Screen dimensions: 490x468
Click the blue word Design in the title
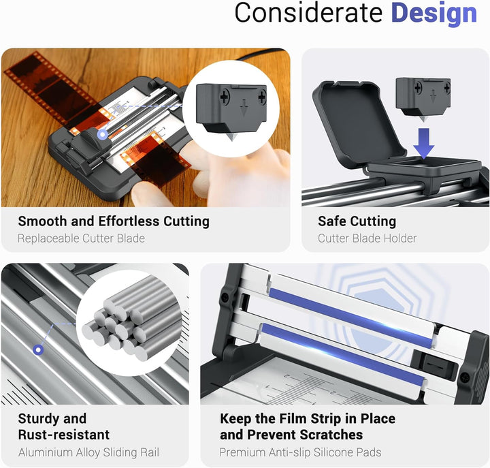tap(434, 14)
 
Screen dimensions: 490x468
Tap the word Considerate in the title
tap(308, 13)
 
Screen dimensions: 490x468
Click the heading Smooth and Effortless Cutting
tap(114, 221)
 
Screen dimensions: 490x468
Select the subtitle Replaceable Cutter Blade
tap(81, 238)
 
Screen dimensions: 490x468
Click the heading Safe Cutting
tap(357, 221)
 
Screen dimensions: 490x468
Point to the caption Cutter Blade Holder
tap(367, 238)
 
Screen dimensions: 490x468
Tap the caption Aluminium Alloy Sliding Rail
tap(88, 452)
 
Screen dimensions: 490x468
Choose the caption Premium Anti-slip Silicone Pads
tap(300, 452)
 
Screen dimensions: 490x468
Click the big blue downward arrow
tap(424, 143)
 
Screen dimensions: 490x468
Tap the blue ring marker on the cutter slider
tap(103, 135)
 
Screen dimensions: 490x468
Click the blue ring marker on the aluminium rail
tap(38, 349)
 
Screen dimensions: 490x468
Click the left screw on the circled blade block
tap(225, 97)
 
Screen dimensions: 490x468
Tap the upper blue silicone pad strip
tap(350, 317)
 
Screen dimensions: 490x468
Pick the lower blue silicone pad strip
tap(343, 354)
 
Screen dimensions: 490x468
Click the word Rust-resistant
tap(64, 435)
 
